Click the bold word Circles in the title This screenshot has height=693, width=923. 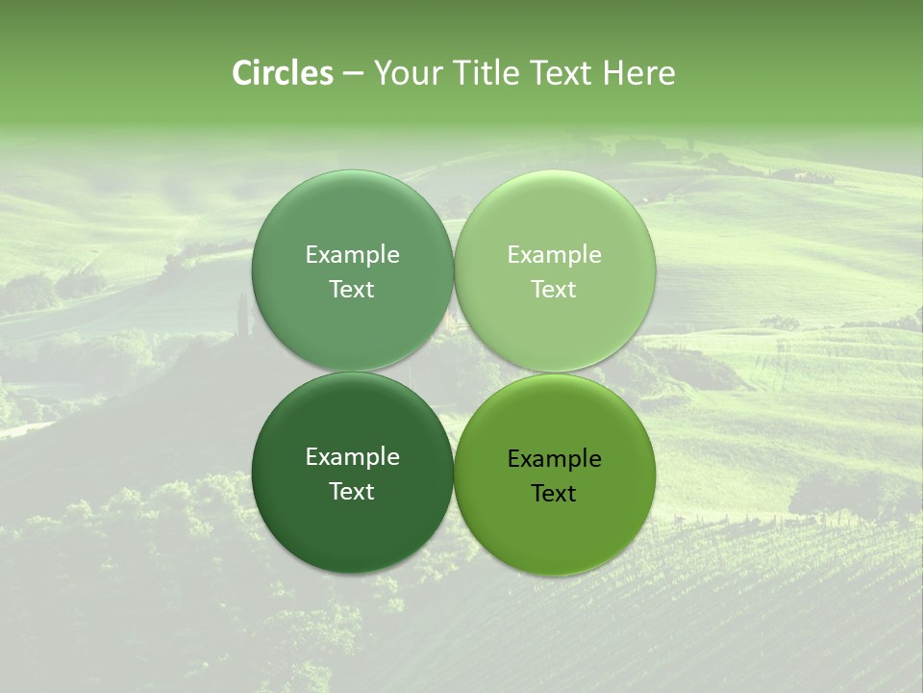(282, 73)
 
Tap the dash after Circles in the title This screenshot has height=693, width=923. (353, 74)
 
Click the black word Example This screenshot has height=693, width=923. (554, 459)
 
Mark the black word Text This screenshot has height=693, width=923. (554, 494)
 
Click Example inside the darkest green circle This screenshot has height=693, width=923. (352, 457)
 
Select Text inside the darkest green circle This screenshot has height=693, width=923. (352, 492)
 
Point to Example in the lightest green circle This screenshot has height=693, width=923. (554, 255)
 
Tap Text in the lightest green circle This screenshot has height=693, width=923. (554, 290)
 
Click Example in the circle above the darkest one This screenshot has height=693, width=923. (352, 255)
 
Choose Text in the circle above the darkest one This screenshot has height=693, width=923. (352, 290)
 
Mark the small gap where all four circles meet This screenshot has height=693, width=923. (454, 372)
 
